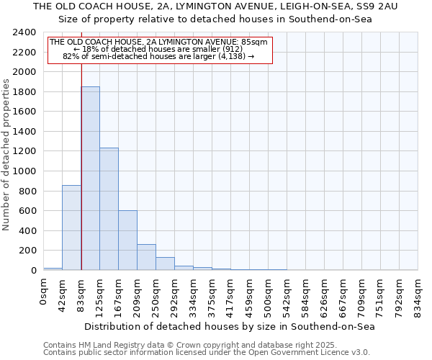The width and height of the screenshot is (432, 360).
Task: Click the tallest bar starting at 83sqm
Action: click(90, 179)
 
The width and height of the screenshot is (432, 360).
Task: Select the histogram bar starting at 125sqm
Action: click(109, 209)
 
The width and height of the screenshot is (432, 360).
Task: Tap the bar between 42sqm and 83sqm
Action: click(71, 228)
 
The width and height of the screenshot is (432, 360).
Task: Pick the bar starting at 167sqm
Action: click(127, 240)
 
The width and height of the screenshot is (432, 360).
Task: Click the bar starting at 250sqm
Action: click(165, 264)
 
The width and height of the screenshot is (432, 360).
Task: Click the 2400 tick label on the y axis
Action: click(24, 33)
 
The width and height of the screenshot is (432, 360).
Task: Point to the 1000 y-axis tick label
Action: click(24, 171)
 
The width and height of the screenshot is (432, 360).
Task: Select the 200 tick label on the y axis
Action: click(27, 251)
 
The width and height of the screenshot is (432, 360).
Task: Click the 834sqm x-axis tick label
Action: click(418, 295)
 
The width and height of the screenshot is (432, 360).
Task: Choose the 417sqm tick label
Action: click(231, 295)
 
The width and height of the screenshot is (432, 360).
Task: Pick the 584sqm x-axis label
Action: click(306, 295)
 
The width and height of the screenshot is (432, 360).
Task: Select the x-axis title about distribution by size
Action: click(230, 326)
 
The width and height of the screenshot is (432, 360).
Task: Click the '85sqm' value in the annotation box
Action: click(255, 42)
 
